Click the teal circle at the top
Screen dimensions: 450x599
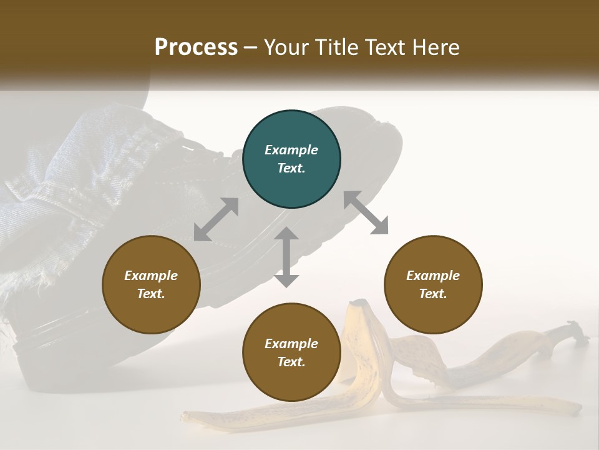click(x=291, y=159)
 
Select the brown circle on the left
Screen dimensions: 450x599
click(x=151, y=284)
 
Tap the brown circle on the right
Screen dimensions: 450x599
click(x=433, y=284)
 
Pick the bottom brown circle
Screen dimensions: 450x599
click(x=291, y=352)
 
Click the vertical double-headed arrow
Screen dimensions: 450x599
click(x=286, y=257)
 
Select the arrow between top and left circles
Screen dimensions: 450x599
click(x=216, y=219)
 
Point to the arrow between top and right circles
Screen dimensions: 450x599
click(x=366, y=212)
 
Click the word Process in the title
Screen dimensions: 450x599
click(x=196, y=47)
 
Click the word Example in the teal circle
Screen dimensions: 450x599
click(x=291, y=150)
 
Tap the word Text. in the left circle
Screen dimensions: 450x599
click(x=151, y=294)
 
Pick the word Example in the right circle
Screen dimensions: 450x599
click(x=433, y=276)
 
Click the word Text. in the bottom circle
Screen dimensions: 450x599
click(x=291, y=362)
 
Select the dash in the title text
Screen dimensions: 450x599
click(x=251, y=47)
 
